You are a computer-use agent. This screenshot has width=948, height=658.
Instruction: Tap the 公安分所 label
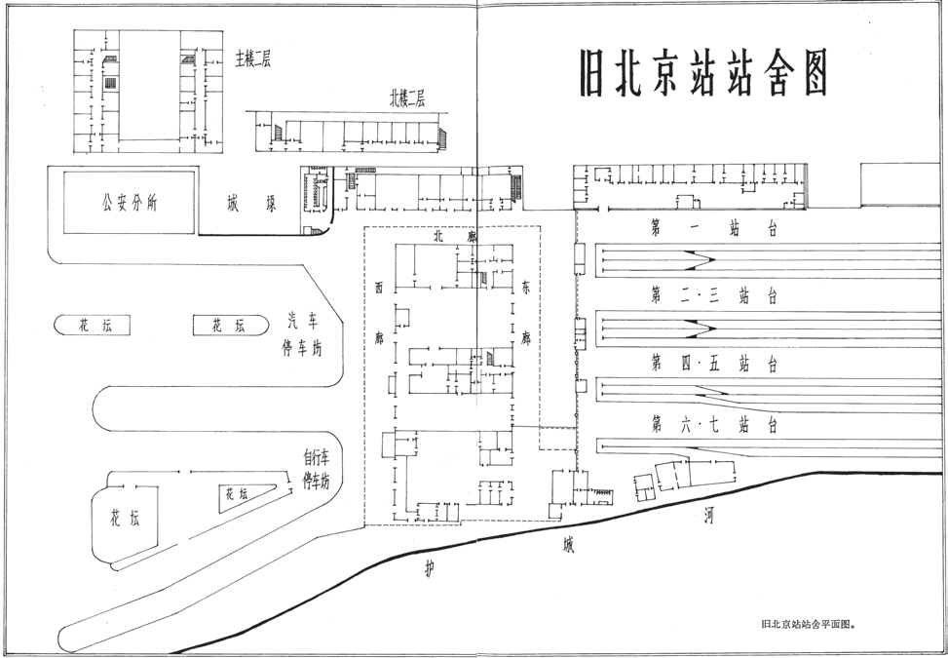coord(130,204)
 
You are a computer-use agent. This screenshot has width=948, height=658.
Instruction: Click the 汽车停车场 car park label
coord(303,333)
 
